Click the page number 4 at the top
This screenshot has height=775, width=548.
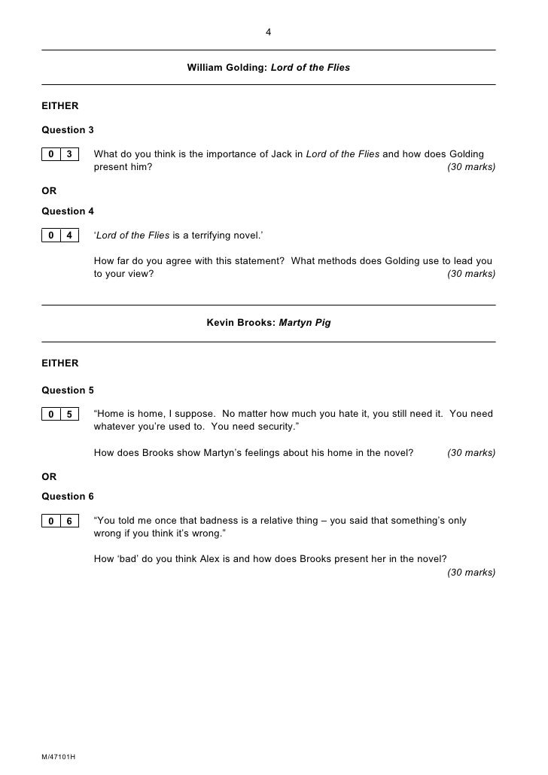269,32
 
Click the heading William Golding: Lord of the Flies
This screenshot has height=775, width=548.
269,68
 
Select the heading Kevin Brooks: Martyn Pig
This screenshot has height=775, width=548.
269,323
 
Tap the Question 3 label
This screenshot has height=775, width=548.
68,130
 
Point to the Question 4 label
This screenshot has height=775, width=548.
68,211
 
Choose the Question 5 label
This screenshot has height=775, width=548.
68,390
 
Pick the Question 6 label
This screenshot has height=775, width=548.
68,497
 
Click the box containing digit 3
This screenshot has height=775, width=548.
69,155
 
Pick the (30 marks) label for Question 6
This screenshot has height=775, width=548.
471,573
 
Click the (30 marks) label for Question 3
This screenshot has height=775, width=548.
471,168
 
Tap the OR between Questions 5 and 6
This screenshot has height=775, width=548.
49,477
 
